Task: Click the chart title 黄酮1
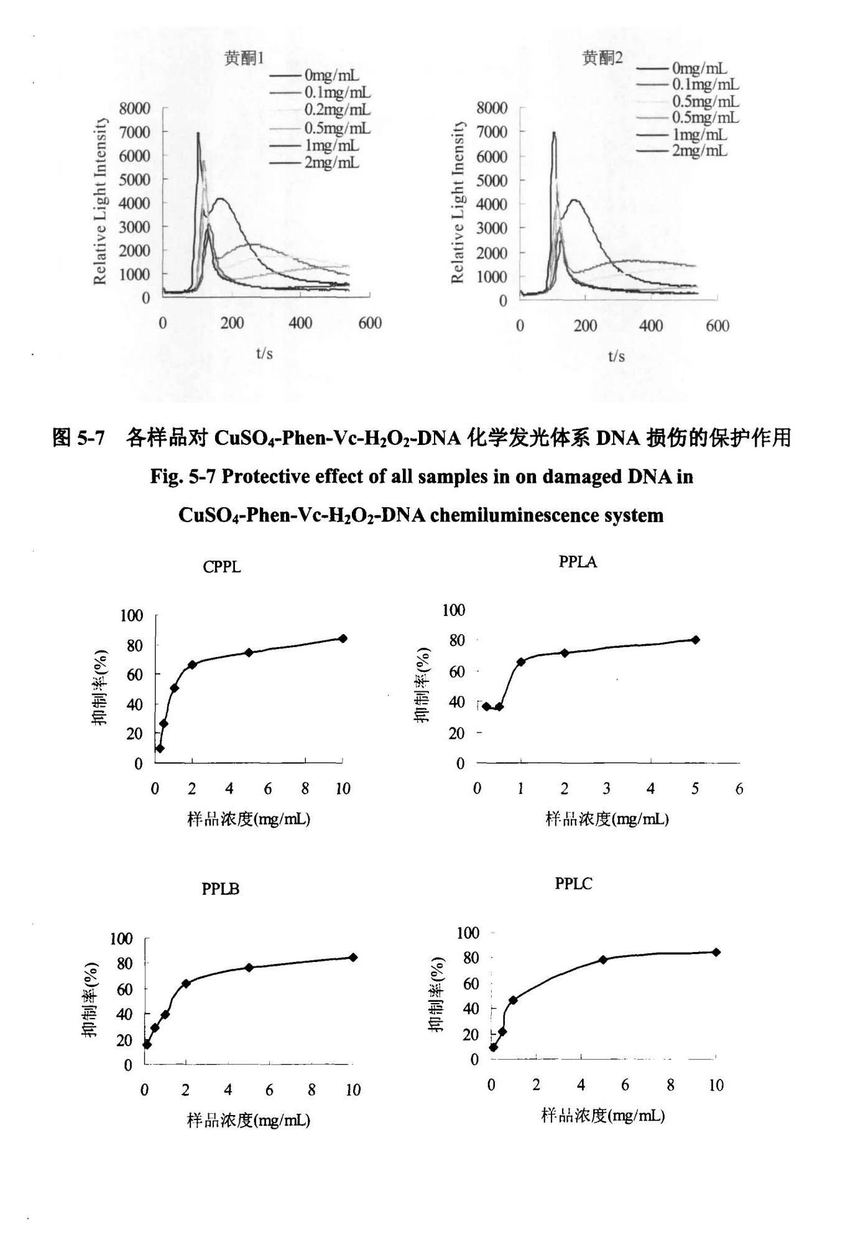tap(244, 58)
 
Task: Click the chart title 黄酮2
tap(602, 58)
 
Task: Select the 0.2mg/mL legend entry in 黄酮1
tap(337, 110)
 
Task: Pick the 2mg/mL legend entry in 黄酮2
tap(699, 151)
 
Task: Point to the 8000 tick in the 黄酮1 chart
tap(135, 108)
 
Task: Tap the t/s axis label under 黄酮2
tap(616, 356)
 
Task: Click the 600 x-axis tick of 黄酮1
tap(370, 323)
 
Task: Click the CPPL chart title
tap(221, 567)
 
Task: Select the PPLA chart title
tap(578, 562)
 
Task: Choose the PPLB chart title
tap(220, 889)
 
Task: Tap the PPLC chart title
tap(573, 884)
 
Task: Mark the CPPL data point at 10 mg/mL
tap(343, 638)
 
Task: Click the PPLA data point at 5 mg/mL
tap(696, 640)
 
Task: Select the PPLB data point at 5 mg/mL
tap(249, 968)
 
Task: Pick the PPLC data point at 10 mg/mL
tap(716, 952)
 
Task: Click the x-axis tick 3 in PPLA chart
tap(606, 789)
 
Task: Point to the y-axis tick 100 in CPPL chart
tap(131, 616)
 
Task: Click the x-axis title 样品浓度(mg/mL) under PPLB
tap(249, 1121)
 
